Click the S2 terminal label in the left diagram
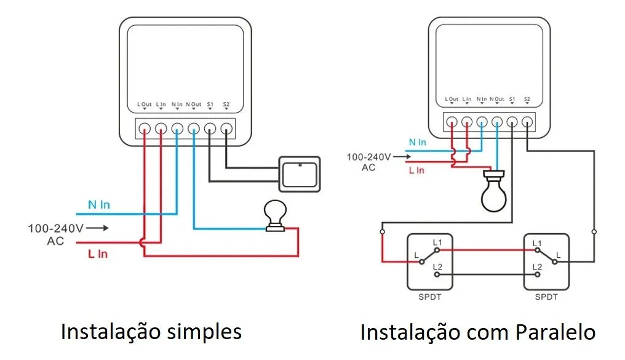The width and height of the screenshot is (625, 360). click(226, 105)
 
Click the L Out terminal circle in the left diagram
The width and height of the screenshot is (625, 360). click(145, 129)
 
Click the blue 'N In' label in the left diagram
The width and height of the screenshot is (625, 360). click(98, 204)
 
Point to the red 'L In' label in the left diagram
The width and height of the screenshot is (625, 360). click(97, 254)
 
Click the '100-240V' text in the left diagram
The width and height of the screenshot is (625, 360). click(55, 228)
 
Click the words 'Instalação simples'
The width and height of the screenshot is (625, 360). click(151, 332)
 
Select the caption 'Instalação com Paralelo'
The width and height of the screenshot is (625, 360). click(477, 332)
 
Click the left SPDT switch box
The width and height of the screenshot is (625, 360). click(429, 262)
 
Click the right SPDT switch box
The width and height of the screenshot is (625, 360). click(546, 262)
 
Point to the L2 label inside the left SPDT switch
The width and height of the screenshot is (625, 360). click(437, 266)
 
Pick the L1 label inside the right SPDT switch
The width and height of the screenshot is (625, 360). click(537, 243)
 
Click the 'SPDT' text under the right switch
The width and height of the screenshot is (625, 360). click(546, 297)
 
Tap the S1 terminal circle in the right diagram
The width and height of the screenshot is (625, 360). click(512, 121)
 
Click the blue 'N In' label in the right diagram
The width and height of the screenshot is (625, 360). click(418, 142)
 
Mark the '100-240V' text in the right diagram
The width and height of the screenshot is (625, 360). click(368, 157)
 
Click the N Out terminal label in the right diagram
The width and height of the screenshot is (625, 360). click(497, 99)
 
